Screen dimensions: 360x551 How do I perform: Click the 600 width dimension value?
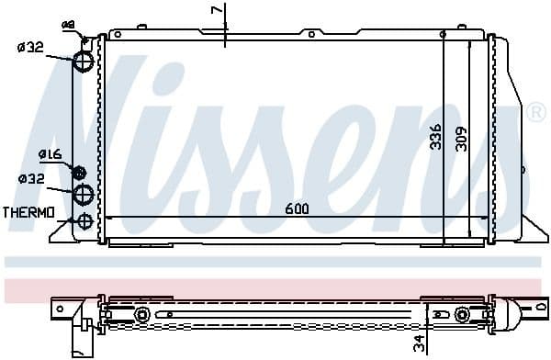[x=296, y=208]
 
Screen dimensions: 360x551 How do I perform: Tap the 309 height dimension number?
[x=462, y=138]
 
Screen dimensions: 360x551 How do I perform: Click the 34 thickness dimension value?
[x=418, y=345]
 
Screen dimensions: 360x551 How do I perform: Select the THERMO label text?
[x=28, y=212]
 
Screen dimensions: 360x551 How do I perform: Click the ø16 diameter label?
[x=50, y=154]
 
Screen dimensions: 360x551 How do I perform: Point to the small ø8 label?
[x=67, y=23]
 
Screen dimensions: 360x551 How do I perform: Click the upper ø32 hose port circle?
[x=84, y=61]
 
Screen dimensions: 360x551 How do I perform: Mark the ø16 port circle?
[x=79, y=172]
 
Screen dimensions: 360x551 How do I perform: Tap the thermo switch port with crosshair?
[x=84, y=220]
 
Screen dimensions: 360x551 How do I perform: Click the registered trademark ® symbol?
[x=534, y=114]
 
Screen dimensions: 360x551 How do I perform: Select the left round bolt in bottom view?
[x=142, y=316]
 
